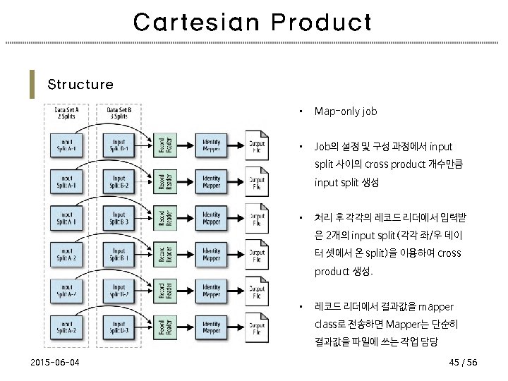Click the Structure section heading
[x=80, y=85]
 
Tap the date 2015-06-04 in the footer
[x=55, y=362]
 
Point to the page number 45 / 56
[x=463, y=362]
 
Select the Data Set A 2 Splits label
[x=67, y=113]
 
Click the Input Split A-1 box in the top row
[x=69, y=144]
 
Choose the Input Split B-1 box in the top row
[x=119, y=144]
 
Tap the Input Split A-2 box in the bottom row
[x=69, y=327]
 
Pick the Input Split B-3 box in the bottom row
[x=119, y=327]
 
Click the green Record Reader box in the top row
[x=162, y=144]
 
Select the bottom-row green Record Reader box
[x=162, y=327]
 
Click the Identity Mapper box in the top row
[x=211, y=144]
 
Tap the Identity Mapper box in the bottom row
[x=211, y=327]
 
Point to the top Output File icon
[x=257, y=144]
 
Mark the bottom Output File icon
[x=257, y=327]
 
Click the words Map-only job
[x=346, y=111]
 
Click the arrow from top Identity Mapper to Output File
[x=236, y=144]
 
